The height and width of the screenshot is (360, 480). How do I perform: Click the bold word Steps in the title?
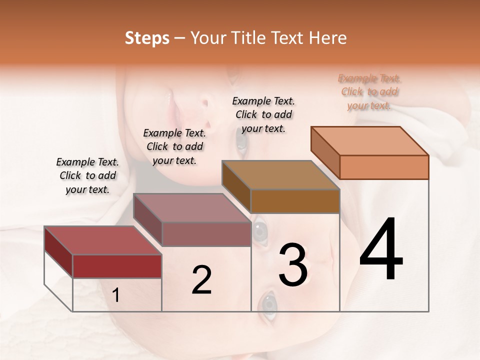[x=147, y=38]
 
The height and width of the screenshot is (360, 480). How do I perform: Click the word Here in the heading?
[x=328, y=38]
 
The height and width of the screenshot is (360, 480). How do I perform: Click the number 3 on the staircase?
[x=293, y=265]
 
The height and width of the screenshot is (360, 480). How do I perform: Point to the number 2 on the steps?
[x=201, y=280]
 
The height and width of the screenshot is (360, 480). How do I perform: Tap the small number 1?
[x=116, y=295]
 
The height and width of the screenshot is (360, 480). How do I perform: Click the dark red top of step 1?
[x=103, y=240]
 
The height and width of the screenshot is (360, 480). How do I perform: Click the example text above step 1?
[x=87, y=175]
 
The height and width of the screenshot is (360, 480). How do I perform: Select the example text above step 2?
[x=174, y=146]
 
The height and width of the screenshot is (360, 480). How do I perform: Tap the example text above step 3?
[x=263, y=114]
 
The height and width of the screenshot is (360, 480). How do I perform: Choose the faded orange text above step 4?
[x=369, y=91]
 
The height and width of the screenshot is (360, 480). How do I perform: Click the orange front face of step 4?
[x=384, y=167]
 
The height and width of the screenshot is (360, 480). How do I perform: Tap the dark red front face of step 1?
[x=117, y=266]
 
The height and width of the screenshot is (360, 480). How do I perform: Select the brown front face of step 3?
[x=295, y=201]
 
